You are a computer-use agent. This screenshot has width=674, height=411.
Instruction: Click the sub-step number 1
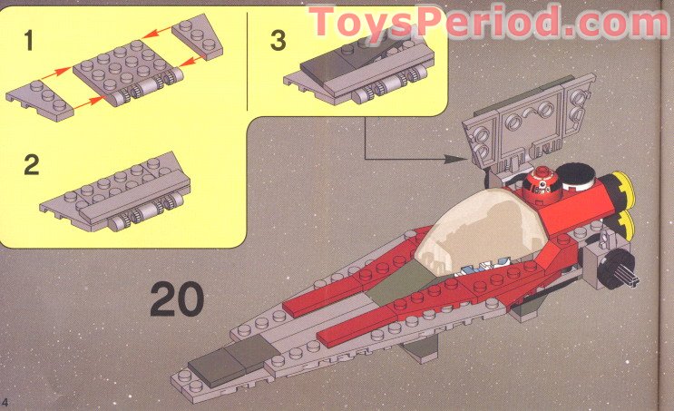coord(28,41)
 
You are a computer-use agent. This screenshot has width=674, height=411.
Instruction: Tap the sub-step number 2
coord(32,164)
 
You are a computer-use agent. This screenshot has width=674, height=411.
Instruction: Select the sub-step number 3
coord(278,41)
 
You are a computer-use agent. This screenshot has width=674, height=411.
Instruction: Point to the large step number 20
coord(177,298)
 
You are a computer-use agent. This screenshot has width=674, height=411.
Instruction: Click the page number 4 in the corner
coord(5,402)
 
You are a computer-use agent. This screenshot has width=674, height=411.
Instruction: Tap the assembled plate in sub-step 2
coord(116,191)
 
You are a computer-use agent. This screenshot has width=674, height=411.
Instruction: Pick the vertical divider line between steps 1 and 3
coord(248,62)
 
